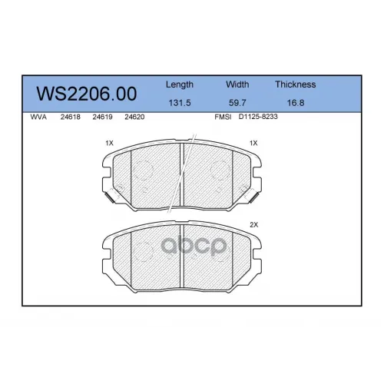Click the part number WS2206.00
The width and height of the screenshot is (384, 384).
coord(87,94)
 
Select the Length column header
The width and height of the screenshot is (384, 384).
coord(180,84)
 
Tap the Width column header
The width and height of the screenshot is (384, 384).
coord(237,84)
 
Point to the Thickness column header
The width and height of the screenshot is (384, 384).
coord(296,84)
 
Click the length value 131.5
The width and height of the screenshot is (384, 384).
coord(180,103)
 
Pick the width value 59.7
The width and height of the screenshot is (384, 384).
coord(237,103)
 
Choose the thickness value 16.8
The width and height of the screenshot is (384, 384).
coord(296,103)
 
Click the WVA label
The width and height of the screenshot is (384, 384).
coord(38,117)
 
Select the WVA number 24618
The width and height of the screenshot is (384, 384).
coord(71,117)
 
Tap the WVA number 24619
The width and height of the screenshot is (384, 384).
coord(102,117)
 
